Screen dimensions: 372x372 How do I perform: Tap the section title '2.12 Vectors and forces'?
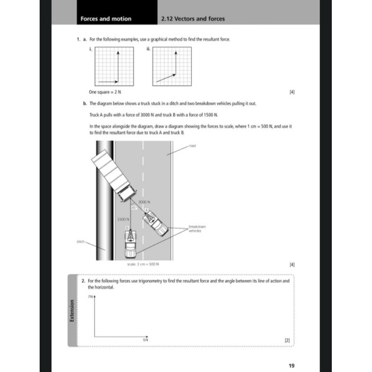pos(193,19)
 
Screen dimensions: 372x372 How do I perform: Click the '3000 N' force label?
pos(142,202)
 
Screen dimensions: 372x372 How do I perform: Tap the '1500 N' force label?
pos(123,219)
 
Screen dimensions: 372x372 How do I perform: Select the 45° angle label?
pos(134,208)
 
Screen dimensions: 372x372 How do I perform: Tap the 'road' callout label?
pos(193,144)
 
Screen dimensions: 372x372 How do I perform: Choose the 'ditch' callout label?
pos(81,241)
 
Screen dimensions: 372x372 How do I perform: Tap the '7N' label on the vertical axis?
pos(90,295)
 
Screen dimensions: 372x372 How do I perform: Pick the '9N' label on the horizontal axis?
pos(145,341)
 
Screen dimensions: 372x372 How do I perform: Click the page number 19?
pos(291,365)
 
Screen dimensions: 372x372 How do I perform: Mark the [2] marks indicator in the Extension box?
pos(287,341)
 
